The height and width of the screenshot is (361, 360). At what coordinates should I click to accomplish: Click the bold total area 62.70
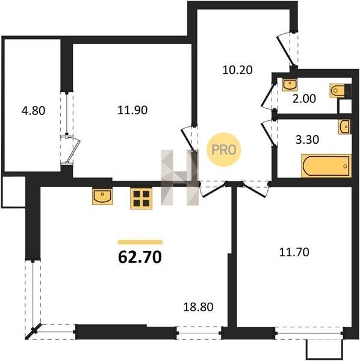tap(140, 257)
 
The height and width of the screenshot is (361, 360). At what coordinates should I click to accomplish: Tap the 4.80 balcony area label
tap(33, 111)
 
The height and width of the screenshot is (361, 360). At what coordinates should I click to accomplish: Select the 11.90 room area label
tap(132, 110)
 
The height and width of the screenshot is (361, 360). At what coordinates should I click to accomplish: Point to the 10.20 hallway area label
tap(237, 70)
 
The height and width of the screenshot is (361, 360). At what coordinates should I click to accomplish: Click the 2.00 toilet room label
tap(304, 99)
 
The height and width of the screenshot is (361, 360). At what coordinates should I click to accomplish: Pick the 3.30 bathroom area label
tap(307, 140)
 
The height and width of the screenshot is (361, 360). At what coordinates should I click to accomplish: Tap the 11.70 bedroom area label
tap(294, 252)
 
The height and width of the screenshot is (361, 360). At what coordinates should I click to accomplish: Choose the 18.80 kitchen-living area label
tap(198, 307)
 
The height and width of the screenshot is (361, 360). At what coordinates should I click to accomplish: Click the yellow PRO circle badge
tap(224, 150)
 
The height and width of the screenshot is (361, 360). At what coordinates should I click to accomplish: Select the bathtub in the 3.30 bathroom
tap(326, 166)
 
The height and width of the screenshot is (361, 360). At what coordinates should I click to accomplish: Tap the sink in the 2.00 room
tap(290, 85)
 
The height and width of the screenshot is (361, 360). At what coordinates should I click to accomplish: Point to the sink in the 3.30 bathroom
tap(344, 126)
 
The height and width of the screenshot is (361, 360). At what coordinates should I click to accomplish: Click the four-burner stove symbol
tap(141, 199)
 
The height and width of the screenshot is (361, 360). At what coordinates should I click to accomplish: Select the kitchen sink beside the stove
tap(102, 196)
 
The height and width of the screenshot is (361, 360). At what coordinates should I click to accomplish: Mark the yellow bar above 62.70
tap(140, 242)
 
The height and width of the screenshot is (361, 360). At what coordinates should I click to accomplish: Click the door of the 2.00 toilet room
tap(267, 96)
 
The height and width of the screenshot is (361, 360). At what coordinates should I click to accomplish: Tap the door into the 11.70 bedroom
tap(256, 190)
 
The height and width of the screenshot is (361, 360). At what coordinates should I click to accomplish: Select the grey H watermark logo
tap(179, 177)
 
